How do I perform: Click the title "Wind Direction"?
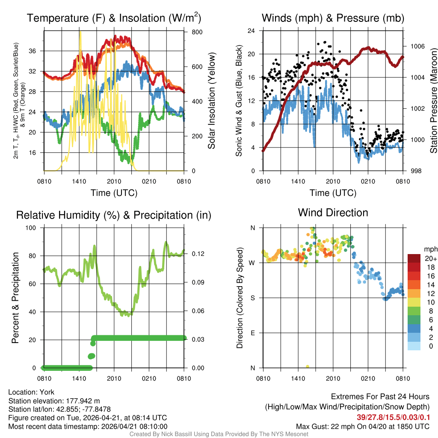coord(333,213)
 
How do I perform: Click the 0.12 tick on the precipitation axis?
coord(195,254)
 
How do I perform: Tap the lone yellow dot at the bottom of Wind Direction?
coord(308,367)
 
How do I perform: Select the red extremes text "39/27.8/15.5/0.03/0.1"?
coord(393,417)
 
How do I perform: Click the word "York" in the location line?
coord(47,392)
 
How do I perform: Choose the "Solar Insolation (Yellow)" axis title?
coord(212,101)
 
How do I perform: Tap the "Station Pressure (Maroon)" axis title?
coord(433,101)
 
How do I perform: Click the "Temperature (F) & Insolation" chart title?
coord(114,18)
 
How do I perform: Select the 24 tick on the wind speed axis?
coord(252,31)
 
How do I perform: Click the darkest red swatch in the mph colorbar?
coord(414,259)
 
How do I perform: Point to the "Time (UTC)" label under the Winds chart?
coord(333,193)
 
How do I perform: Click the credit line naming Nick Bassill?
coord(219,434)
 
